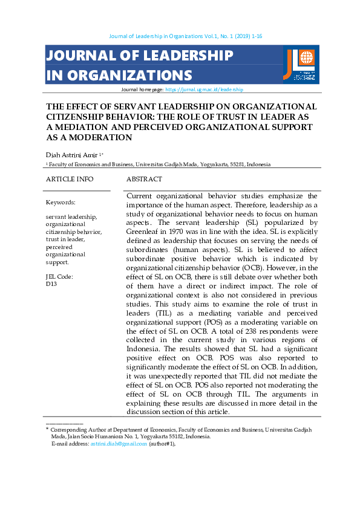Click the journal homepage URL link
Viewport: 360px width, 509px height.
coord(204,89)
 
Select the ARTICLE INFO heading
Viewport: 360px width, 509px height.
coord(70,180)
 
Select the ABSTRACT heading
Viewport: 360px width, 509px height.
coord(144,180)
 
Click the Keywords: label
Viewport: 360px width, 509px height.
coord(61,203)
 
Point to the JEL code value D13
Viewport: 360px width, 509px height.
coord(51,284)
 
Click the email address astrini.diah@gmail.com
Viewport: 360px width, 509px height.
coord(119,444)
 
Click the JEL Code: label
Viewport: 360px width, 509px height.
coord(59,276)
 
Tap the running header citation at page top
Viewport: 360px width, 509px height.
coord(184,36)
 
